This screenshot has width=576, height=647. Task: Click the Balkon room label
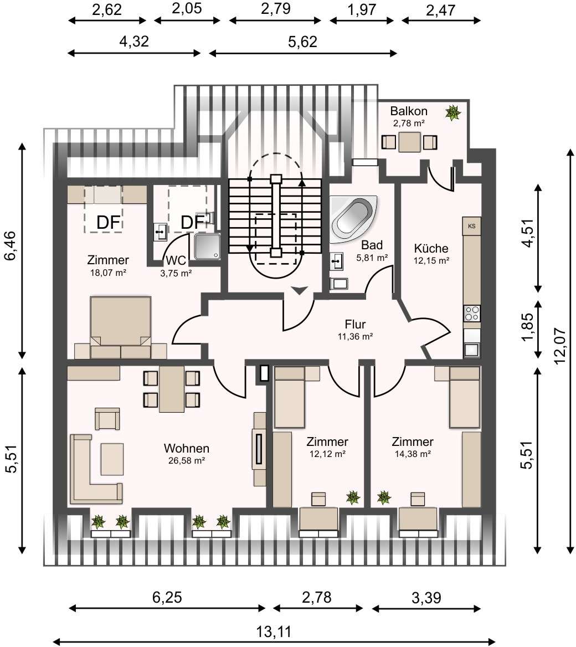pyautogui.click(x=409, y=111)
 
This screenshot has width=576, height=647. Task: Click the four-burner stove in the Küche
pyautogui.click(x=472, y=313)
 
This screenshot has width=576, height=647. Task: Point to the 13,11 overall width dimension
pyautogui.click(x=274, y=631)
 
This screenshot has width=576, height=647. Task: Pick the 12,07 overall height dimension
pyautogui.click(x=559, y=346)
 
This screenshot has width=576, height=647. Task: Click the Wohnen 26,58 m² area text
pyautogui.click(x=187, y=460)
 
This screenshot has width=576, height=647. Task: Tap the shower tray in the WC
pyautogui.click(x=207, y=246)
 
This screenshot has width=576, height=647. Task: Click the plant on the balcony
pyautogui.click(x=453, y=112)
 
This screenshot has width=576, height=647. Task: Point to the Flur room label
pyautogui.click(x=355, y=324)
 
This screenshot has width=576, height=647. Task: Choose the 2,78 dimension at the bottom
pyautogui.click(x=316, y=597)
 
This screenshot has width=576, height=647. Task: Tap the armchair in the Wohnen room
pyautogui.click(x=107, y=419)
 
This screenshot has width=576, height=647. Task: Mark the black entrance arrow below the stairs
pyautogui.click(x=300, y=290)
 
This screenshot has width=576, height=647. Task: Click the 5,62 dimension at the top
pyautogui.click(x=304, y=42)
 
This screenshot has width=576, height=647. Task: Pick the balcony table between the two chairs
pyautogui.click(x=409, y=142)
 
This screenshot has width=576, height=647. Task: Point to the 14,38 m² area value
pyautogui.click(x=412, y=454)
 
